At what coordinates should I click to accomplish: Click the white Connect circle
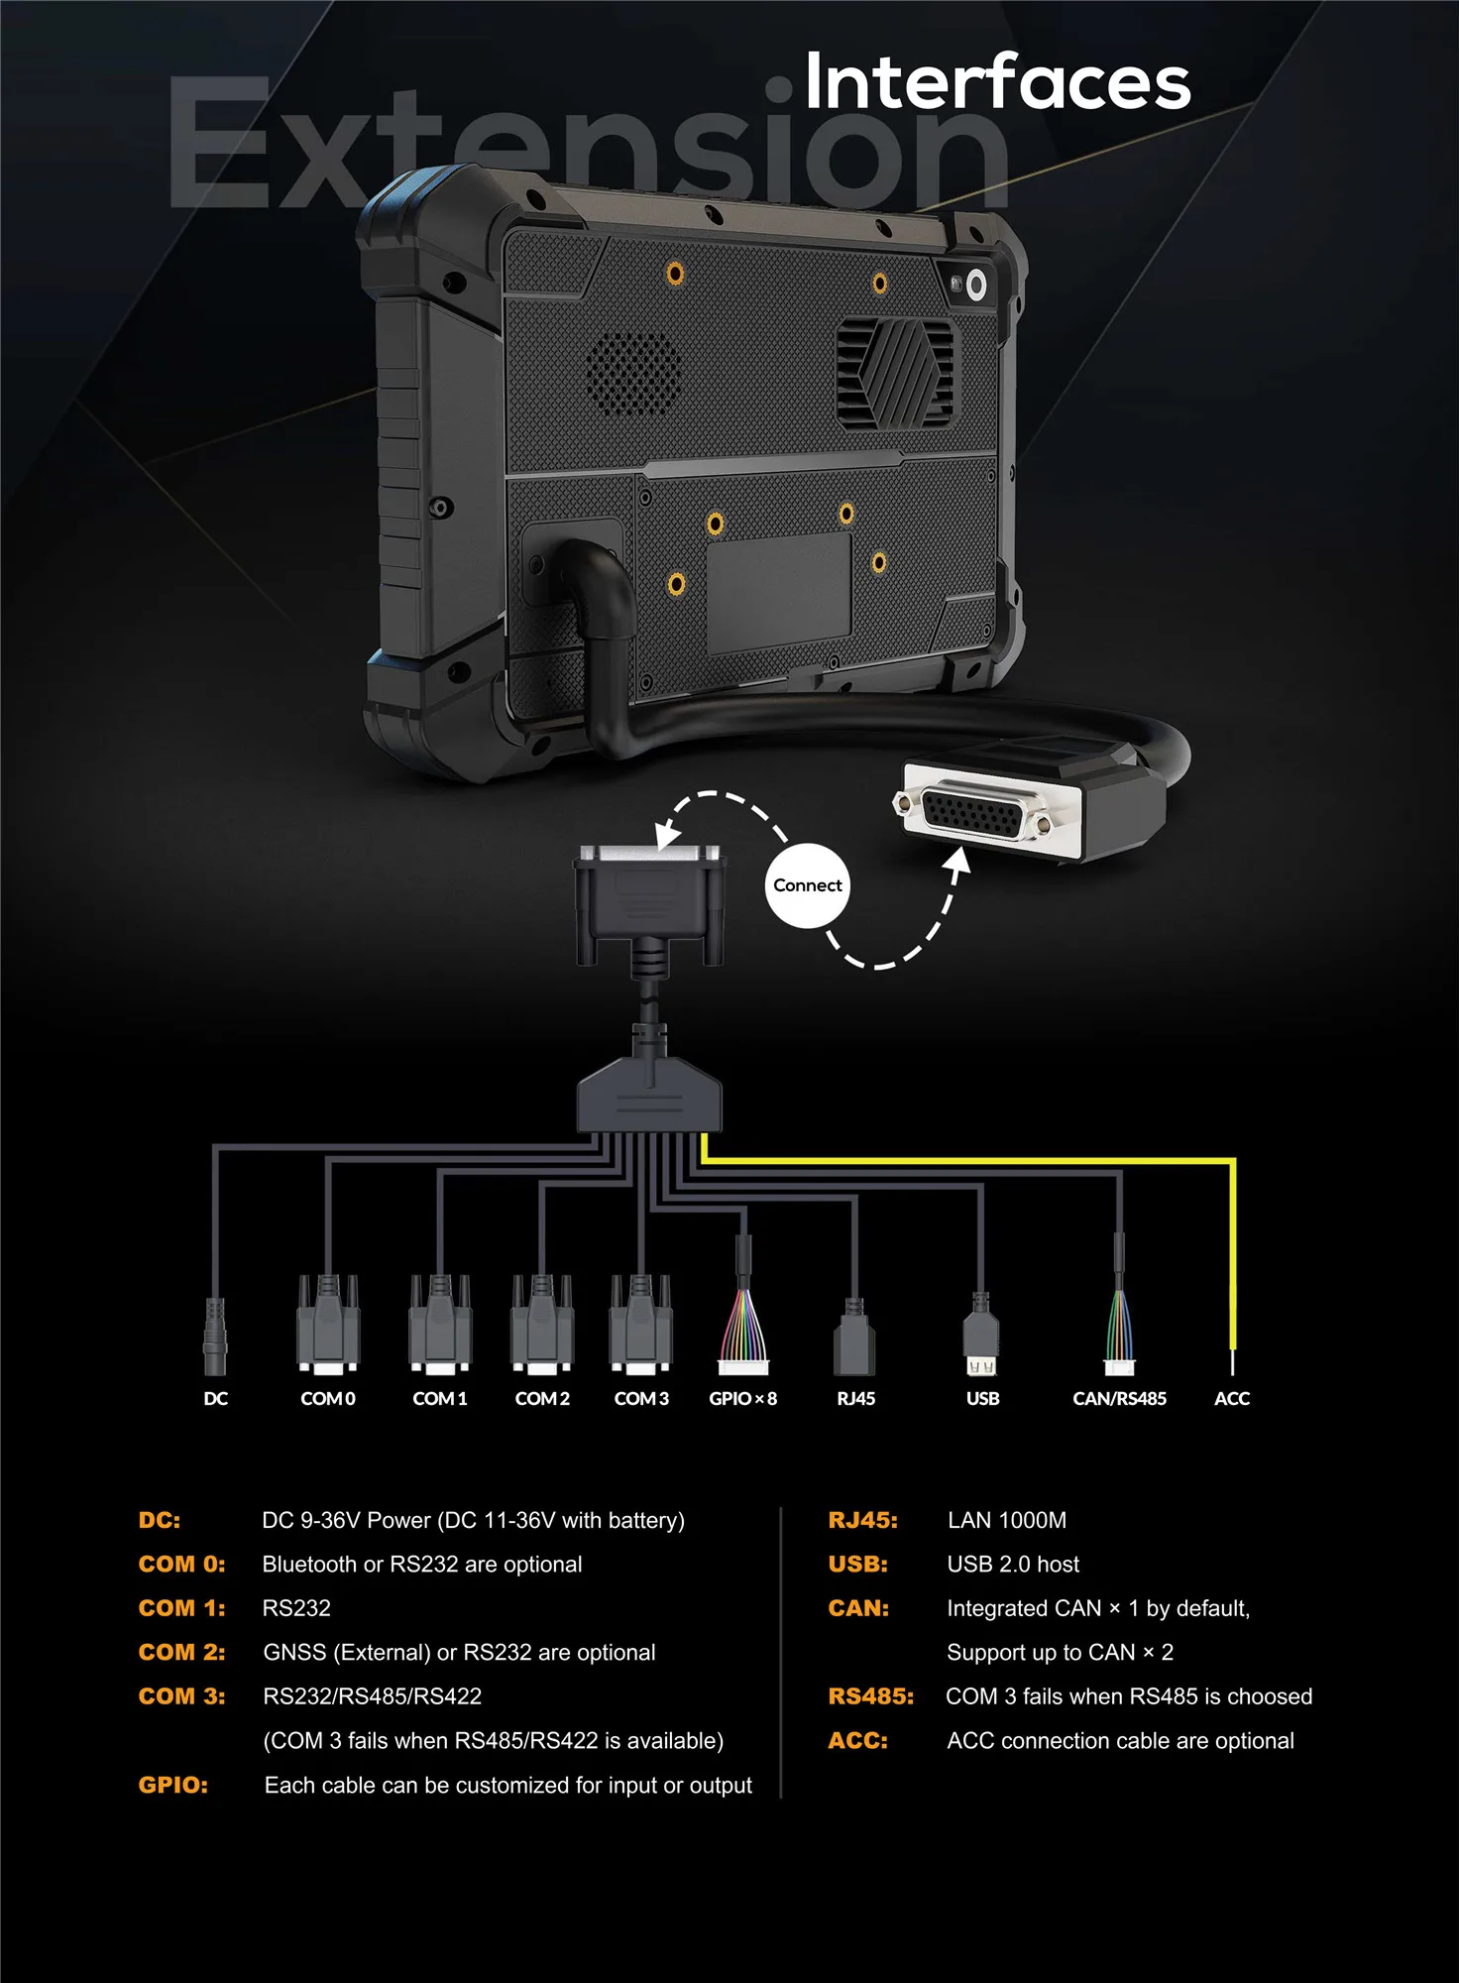pyautogui.click(x=807, y=885)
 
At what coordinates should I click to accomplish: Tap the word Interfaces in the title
pyautogui.click(x=996, y=82)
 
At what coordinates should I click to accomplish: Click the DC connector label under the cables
pyautogui.click(x=215, y=1399)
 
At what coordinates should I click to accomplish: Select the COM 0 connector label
pyautogui.click(x=328, y=1399)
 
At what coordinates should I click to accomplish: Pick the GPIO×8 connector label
pyautogui.click(x=742, y=1399)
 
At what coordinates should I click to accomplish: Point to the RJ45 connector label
pyautogui.click(x=855, y=1399)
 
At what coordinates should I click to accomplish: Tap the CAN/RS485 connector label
pyautogui.click(x=1119, y=1399)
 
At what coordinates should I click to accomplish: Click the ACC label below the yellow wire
pyautogui.click(x=1232, y=1399)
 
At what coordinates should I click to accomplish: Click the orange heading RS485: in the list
pyautogui.click(x=870, y=1696)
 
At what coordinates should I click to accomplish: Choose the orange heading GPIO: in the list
pyautogui.click(x=173, y=1786)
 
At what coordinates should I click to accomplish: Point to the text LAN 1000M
pyautogui.click(x=1007, y=1520)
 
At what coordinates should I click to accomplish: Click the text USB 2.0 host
pyautogui.click(x=1013, y=1565)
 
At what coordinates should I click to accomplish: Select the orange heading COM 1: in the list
pyautogui.click(x=182, y=1608)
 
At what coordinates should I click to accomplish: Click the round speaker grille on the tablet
pyautogui.click(x=634, y=374)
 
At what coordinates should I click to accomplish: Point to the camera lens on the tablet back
pyautogui.click(x=976, y=286)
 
